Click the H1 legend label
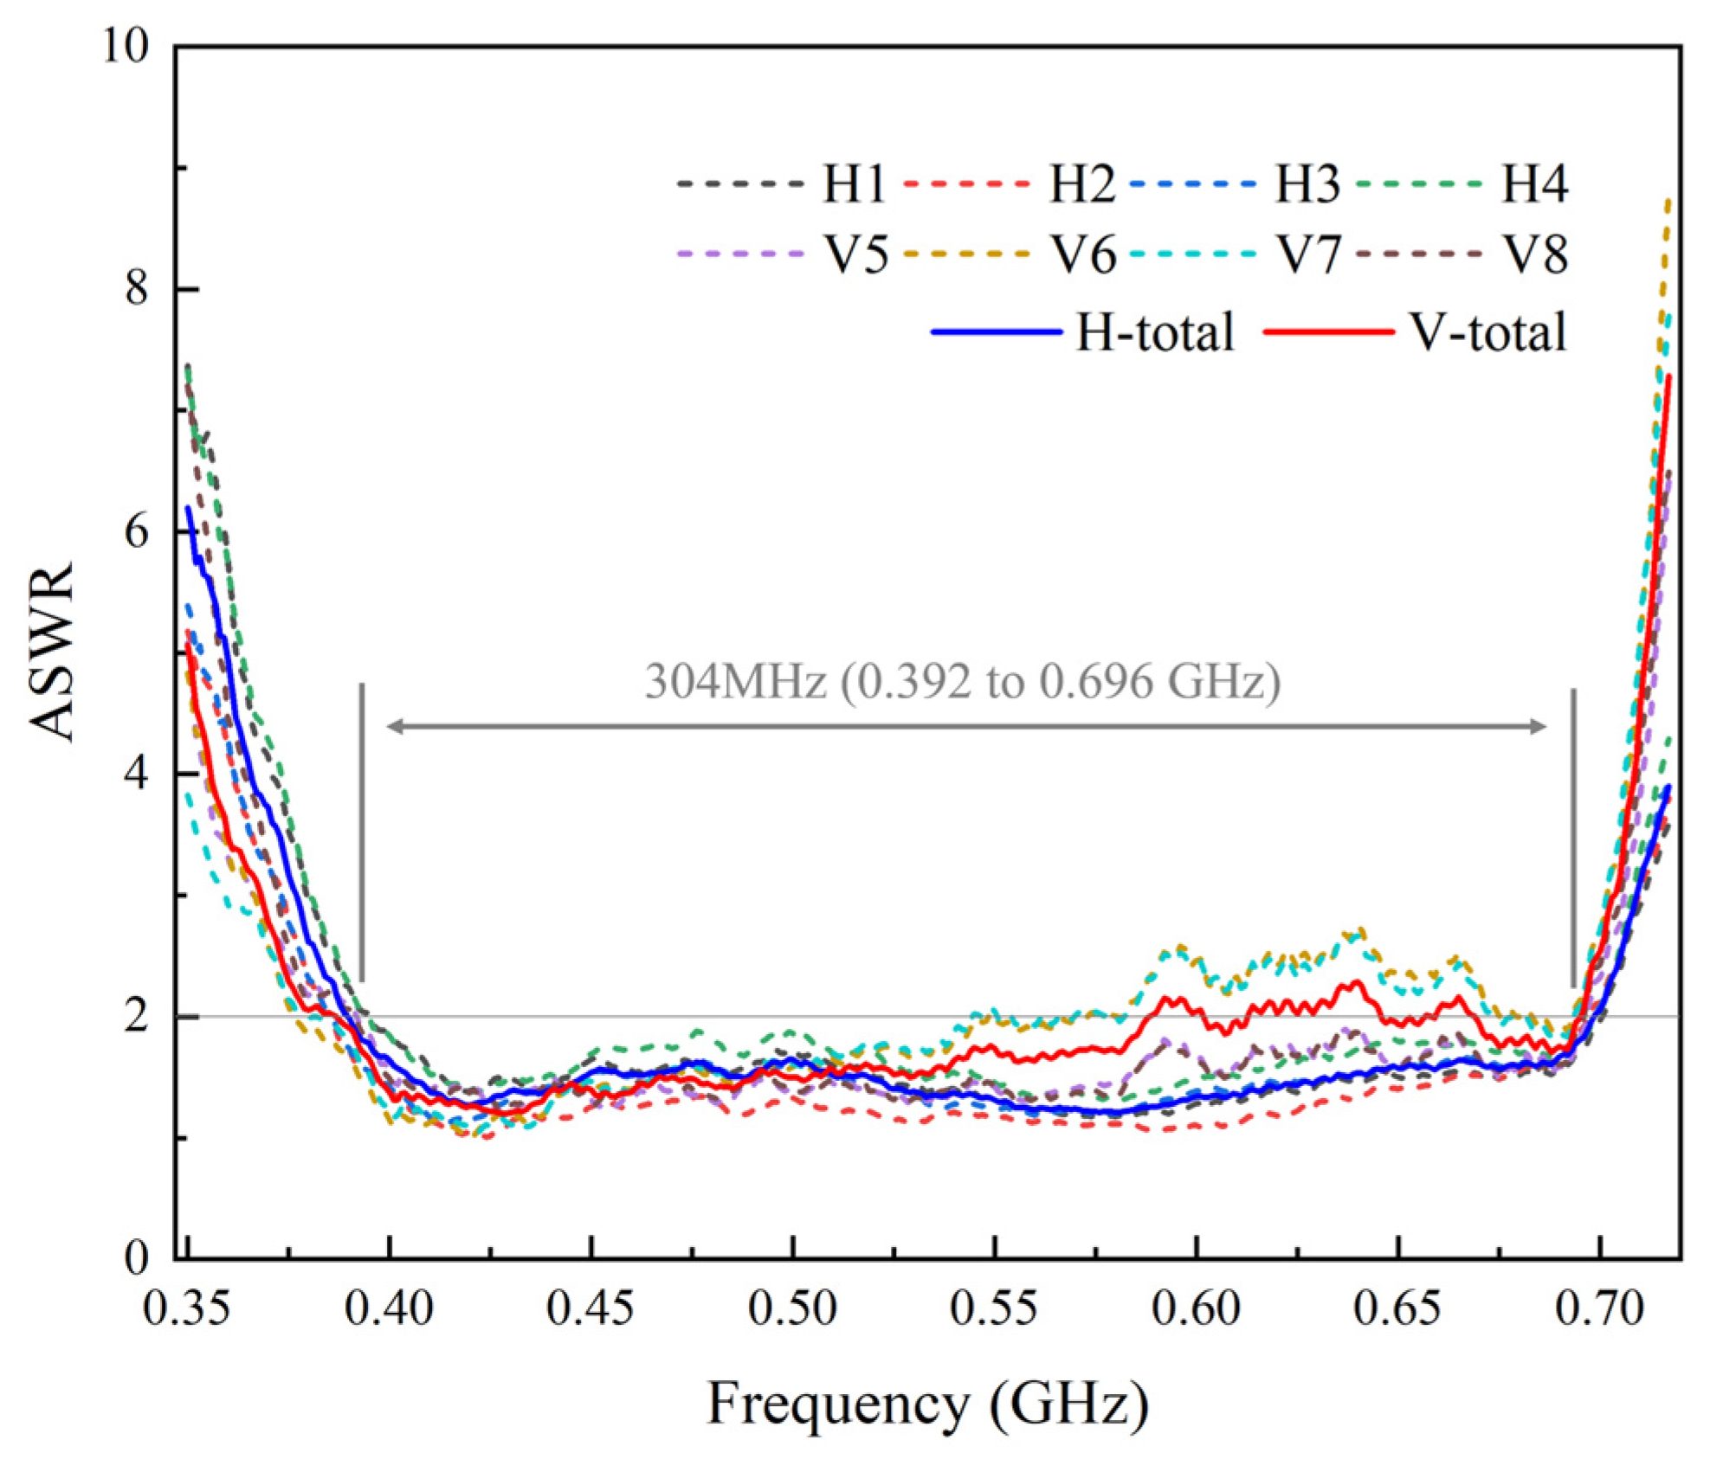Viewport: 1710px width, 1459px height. point(853,184)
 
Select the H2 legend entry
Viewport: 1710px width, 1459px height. point(1082,184)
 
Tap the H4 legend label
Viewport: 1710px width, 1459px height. point(1533,184)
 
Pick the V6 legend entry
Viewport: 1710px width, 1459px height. point(1083,255)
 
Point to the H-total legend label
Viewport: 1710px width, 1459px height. point(1154,332)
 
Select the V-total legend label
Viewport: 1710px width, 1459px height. point(1488,332)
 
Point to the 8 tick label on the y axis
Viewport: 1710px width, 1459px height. point(137,288)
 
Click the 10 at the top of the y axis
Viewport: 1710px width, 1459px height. point(126,45)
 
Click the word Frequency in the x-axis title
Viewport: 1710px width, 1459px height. point(838,1405)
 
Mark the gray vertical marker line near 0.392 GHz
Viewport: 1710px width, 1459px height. point(362,831)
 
